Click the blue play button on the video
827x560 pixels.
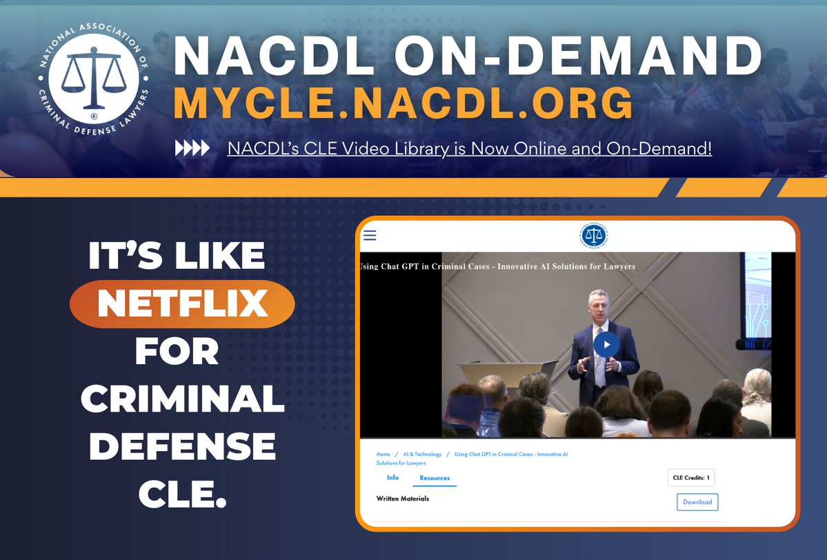click(606, 345)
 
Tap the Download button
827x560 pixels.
click(697, 502)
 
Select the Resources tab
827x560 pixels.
click(435, 478)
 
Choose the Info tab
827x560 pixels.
click(392, 478)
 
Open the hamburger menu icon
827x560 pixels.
click(370, 235)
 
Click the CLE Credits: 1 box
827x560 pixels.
click(690, 477)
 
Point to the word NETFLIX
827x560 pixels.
click(182, 304)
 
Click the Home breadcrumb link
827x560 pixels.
click(383, 454)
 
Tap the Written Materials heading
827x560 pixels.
click(403, 499)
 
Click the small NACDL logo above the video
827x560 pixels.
click(594, 236)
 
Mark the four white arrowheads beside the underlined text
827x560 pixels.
click(192, 148)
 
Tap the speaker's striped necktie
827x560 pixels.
click(599, 366)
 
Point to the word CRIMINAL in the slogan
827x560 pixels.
click(186, 399)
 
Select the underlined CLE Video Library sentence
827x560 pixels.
click(469, 148)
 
